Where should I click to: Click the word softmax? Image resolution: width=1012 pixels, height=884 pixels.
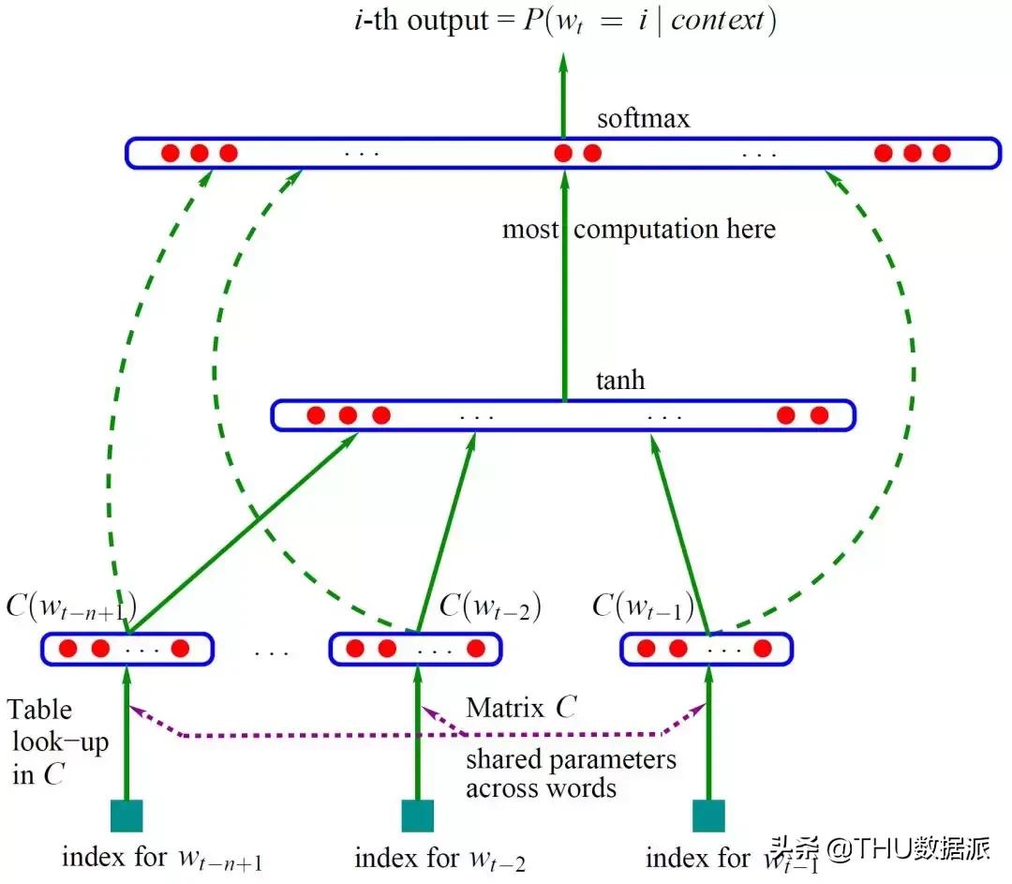643,119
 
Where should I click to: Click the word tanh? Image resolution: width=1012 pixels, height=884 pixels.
620,382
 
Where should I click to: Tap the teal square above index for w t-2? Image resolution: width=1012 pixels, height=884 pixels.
417,816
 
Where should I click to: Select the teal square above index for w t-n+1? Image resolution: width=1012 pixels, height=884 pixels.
126,816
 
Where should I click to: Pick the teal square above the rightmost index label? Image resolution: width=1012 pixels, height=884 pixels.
708,816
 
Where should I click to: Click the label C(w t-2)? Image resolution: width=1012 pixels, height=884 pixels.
490,607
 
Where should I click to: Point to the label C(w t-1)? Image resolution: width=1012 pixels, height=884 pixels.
644,607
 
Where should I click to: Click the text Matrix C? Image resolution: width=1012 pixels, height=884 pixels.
521,708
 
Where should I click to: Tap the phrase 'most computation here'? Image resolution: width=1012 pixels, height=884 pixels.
639,229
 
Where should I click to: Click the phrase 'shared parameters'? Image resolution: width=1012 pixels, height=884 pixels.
571,757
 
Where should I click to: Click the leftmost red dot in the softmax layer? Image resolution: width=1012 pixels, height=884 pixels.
170,153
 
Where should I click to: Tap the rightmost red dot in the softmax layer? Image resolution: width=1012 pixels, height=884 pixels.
942,153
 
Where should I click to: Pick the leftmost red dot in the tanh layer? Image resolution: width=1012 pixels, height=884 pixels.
316,415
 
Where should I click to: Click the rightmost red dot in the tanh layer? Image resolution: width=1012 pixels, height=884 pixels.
819,415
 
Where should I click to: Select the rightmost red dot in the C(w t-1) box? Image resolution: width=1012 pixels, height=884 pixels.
762,648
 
